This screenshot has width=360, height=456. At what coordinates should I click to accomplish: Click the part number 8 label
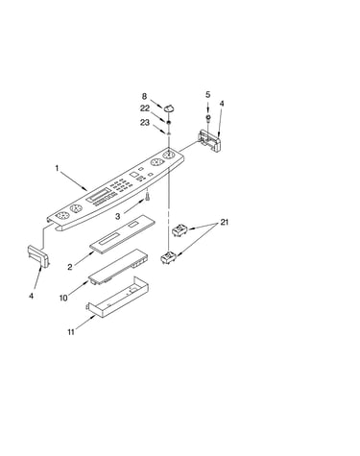tap(144, 96)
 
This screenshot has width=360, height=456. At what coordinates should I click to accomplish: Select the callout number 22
tap(145, 108)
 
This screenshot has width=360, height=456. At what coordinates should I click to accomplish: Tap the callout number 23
tap(145, 122)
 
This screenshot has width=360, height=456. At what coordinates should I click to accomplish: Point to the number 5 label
tap(208, 94)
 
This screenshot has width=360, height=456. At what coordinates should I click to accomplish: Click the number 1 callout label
tap(58, 168)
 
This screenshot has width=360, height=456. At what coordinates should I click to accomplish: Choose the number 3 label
tap(118, 216)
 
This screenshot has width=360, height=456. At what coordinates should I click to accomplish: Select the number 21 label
tap(225, 222)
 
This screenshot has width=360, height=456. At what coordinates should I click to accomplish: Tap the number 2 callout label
tap(70, 267)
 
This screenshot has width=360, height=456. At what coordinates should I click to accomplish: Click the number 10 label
tap(63, 298)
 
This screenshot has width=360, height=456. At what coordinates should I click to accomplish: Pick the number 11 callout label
tap(71, 332)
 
